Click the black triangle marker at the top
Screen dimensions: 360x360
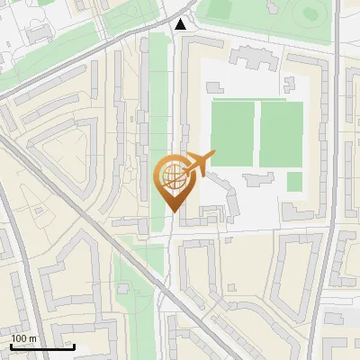point(182,24)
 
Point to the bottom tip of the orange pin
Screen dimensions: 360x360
point(171,211)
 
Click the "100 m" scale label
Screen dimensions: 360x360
point(23,338)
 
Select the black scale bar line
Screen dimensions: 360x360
point(42,346)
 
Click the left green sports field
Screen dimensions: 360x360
point(232,133)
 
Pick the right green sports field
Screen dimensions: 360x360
point(281,133)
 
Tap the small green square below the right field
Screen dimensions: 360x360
point(294,182)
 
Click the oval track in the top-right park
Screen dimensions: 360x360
point(310,13)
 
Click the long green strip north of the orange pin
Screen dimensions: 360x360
point(158,90)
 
